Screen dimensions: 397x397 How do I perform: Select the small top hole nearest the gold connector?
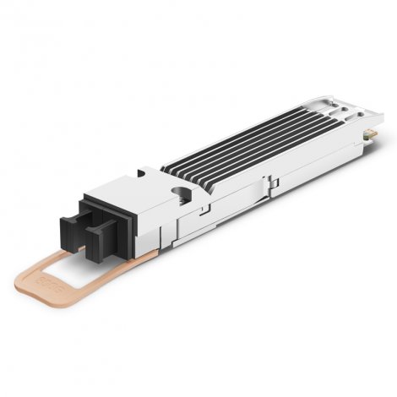pyautogui.click(x=353, y=106)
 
